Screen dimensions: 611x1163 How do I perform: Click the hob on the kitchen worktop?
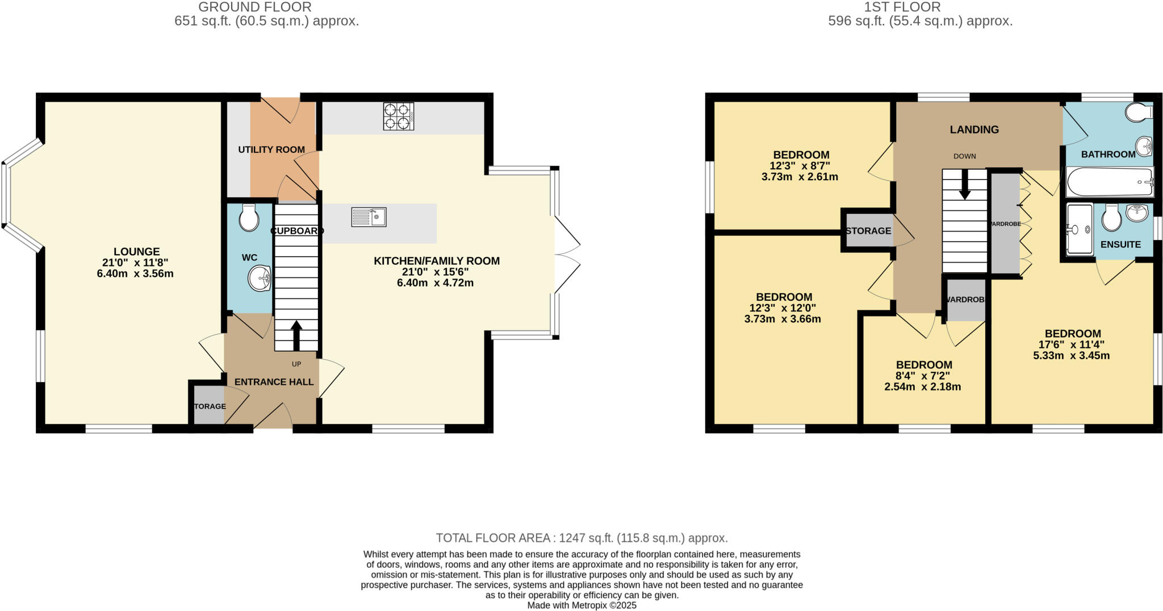pyautogui.click(x=398, y=117)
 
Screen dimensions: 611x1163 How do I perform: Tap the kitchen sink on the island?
pyautogui.click(x=369, y=217)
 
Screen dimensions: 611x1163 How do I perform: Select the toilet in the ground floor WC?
pyautogui.click(x=249, y=218)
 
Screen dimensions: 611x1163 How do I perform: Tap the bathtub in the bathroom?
pyautogui.click(x=1110, y=182)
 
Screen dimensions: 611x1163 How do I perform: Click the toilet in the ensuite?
pyautogui.click(x=1111, y=217)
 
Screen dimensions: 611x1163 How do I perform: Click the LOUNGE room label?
pyautogui.click(x=136, y=251)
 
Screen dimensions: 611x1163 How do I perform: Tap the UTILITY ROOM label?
pyautogui.click(x=271, y=149)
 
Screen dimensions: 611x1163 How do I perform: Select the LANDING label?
pyautogui.click(x=974, y=130)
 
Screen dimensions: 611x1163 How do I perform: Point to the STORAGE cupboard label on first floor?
pyautogui.click(x=868, y=231)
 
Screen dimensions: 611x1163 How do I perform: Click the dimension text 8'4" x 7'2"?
pyautogui.click(x=923, y=376)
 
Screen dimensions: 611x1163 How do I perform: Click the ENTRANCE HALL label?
pyautogui.click(x=274, y=382)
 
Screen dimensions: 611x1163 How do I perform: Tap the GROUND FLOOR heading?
pyautogui.click(x=254, y=7)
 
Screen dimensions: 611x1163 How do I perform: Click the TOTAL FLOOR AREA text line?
pyautogui.click(x=581, y=538)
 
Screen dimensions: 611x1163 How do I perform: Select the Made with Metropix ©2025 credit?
pyautogui.click(x=581, y=605)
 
